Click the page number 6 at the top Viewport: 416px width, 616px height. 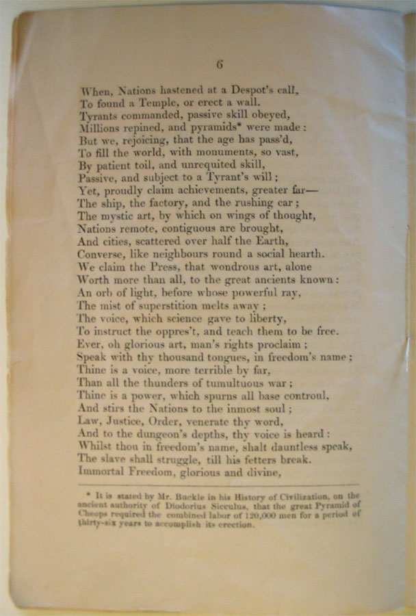click(x=220, y=65)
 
